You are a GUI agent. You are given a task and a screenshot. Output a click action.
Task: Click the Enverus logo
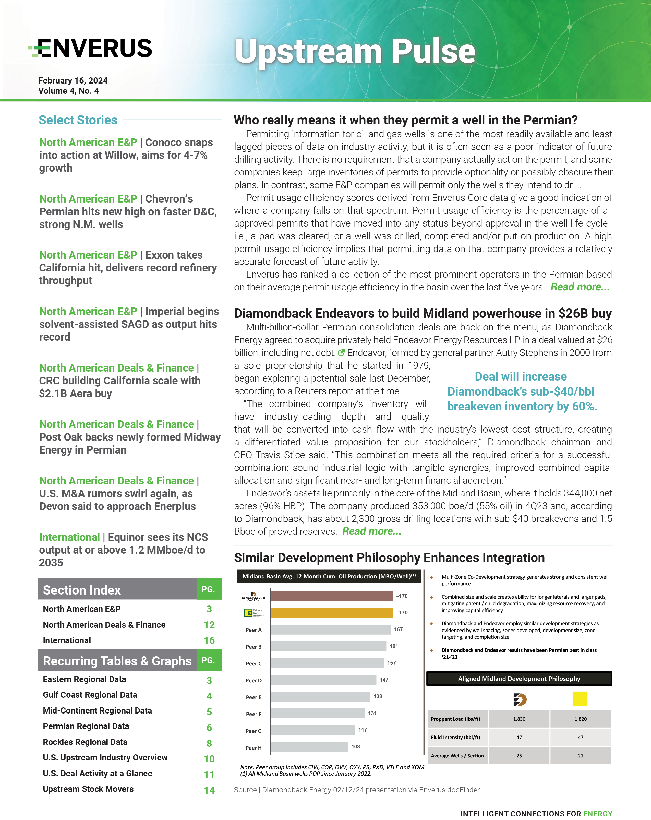coord(90,48)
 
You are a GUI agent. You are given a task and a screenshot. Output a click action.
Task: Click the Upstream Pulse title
coord(354,51)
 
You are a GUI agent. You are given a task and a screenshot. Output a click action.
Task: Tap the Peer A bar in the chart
coord(330,629)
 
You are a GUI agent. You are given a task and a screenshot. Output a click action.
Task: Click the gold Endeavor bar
coord(331,613)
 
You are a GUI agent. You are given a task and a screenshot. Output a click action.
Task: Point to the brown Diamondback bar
coord(331,596)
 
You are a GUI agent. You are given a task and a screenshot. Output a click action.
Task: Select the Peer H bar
coord(309,747)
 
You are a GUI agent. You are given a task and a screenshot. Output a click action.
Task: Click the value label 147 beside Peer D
coord(384,680)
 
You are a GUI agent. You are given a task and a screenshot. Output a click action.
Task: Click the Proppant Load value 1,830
coord(519,719)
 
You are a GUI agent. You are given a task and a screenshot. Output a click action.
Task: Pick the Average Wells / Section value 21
coord(580,756)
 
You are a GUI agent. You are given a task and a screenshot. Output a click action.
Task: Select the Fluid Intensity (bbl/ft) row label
coord(455,737)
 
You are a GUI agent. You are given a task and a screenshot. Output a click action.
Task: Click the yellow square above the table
coord(580,699)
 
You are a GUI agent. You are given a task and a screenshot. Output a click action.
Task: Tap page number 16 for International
coord(209,640)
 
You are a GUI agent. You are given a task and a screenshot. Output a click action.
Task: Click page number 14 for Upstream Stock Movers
coord(209,790)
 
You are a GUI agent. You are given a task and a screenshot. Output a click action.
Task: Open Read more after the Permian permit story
coord(580,287)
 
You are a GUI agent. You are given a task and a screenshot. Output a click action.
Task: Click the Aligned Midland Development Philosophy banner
coord(519,679)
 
